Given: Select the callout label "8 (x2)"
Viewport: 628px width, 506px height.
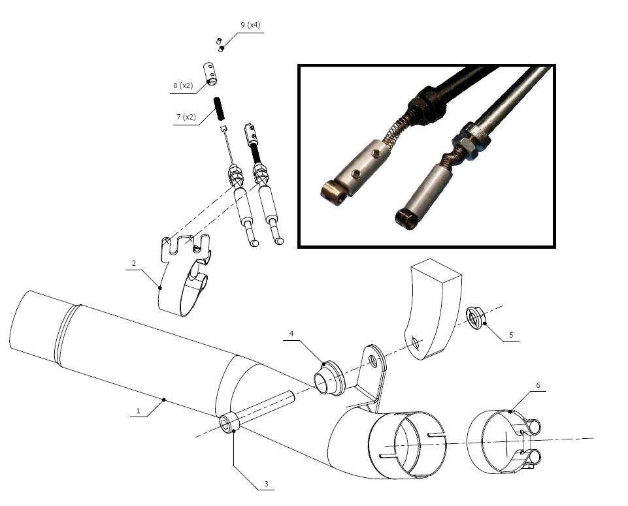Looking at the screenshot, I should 183,86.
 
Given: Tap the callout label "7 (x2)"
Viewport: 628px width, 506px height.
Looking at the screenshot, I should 186,117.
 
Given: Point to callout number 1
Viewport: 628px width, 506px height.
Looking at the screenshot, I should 139,411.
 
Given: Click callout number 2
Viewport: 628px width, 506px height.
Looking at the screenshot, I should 133,263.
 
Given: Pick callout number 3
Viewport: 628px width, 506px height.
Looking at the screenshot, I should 266,484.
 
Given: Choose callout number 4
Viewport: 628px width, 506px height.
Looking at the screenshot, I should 291,334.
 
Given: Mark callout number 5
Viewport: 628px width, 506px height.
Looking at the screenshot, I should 511,335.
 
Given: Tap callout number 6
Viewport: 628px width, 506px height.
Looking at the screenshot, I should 538,385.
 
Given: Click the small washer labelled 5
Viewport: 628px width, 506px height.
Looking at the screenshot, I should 475,318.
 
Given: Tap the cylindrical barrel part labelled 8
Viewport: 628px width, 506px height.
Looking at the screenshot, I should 210,73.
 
